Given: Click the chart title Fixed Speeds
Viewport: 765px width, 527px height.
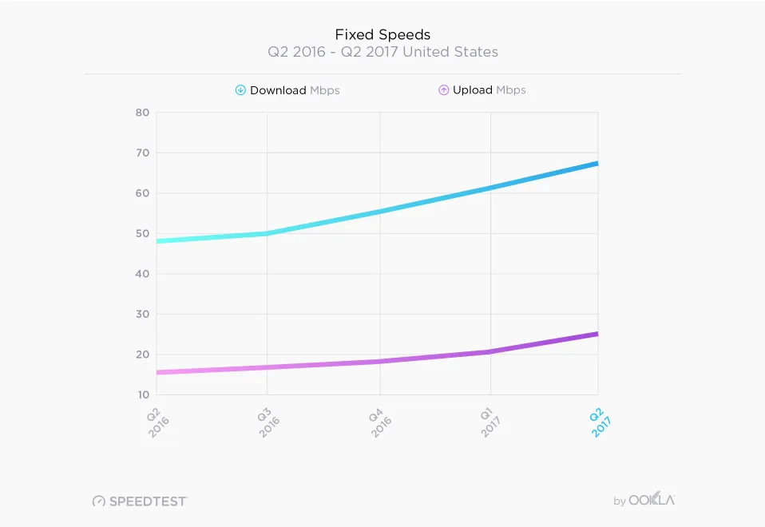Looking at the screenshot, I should pyautogui.click(x=382, y=34).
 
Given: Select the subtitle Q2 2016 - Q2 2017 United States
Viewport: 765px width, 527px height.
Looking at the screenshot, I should pyautogui.click(x=382, y=53).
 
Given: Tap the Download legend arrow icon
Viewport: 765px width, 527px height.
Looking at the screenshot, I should pyautogui.click(x=240, y=90).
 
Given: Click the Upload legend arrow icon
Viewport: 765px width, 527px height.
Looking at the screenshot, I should pyautogui.click(x=443, y=90).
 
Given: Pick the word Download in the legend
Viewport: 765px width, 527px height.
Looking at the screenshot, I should pyautogui.click(x=278, y=90).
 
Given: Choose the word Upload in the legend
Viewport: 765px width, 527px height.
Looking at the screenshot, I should pyautogui.click(x=473, y=90).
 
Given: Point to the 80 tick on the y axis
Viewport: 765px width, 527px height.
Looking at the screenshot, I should pyautogui.click(x=142, y=113).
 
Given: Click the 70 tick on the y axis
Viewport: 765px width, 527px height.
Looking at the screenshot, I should pyautogui.click(x=142, y=153).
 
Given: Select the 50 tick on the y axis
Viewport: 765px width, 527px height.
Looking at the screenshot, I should pyautogui.click(x=142, y=233).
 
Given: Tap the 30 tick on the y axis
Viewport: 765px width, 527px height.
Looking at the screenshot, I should pyautogui.click(x=142, y=314).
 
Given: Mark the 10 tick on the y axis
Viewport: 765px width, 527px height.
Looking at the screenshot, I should pyautogui.click(x=142, y=394).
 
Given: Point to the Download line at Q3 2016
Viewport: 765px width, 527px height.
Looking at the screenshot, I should pyautogui.click(x=268, y=233).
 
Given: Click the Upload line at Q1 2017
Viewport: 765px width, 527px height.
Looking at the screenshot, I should pyautogui.click(x=490, y=351).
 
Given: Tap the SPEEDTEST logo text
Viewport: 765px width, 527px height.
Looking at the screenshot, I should pyautogui.click(x=147, y=501).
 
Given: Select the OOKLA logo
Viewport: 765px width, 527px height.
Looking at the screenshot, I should pyautogui.click(x=651, y=501).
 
